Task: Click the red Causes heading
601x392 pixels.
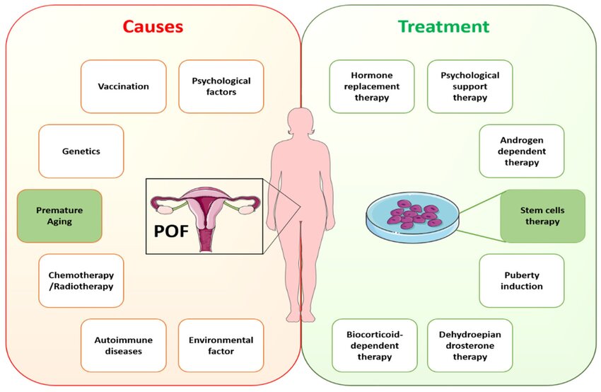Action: tap(153, 26)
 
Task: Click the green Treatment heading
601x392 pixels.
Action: tap(443, 26)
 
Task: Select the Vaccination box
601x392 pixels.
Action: tap(124, 86)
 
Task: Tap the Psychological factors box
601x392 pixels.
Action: tap(221, 86)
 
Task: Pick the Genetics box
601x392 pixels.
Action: tap(81, 151)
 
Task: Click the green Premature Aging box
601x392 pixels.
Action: tap(59, 216)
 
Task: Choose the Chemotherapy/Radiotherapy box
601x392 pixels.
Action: tap(81, 281)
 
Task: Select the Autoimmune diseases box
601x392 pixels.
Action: tap(124, 345)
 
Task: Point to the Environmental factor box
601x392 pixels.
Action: tap(221, 345)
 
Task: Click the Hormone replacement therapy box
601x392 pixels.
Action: tap(372, 86)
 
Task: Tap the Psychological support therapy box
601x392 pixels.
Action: tap(470, 86)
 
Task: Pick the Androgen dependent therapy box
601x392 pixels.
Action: tap(522, 151)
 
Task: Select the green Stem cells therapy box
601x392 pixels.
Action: tap(542, 216)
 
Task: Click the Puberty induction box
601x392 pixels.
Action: tap(522, 281)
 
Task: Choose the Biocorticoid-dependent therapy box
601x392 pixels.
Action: tap(375, 345)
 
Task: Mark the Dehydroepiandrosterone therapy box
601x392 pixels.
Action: tap(470, 345)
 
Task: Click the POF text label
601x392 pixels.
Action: tap(171, 231)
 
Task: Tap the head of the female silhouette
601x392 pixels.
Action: tap(302, 122)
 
